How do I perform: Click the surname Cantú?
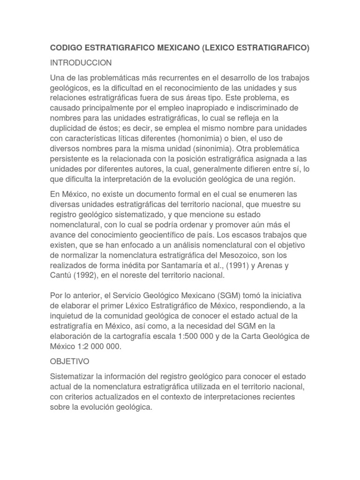tap(61, 276)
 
